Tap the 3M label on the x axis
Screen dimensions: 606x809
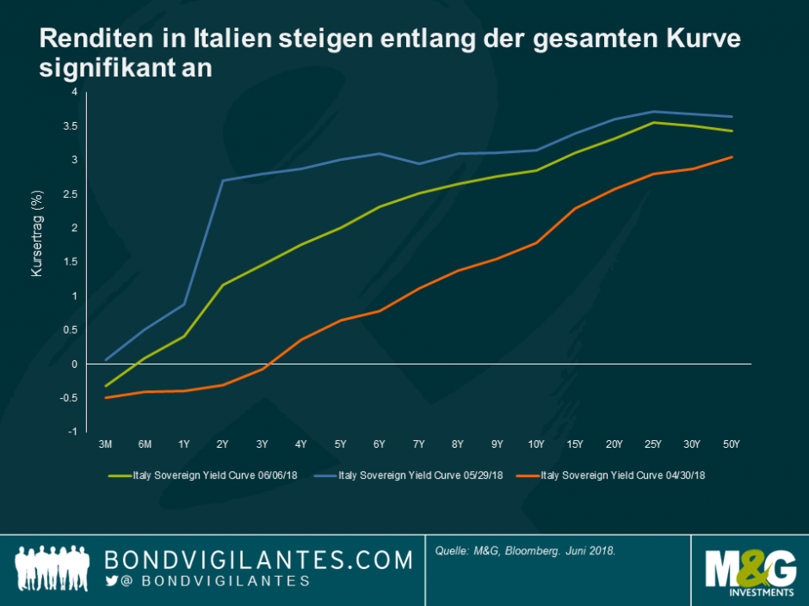pos(106,444)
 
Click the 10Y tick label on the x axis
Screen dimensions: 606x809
pos(535,444)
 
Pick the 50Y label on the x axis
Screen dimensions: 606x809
pos(732,444)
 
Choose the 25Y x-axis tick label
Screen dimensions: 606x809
pos(653,444)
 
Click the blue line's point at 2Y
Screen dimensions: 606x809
pos(223,181)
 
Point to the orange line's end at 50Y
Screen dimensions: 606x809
pos(732,157)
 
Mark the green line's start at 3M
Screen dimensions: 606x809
pos(106,386)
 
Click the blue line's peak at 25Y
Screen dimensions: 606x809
pos(653,112)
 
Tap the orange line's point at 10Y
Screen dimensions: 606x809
pos(535,243)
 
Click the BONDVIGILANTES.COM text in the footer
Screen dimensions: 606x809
pos(258,560)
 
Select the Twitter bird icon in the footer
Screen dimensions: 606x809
pos(110,582)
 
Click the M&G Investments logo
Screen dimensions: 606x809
pos(750,572)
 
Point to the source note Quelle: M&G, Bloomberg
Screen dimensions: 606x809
pos(525,550)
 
